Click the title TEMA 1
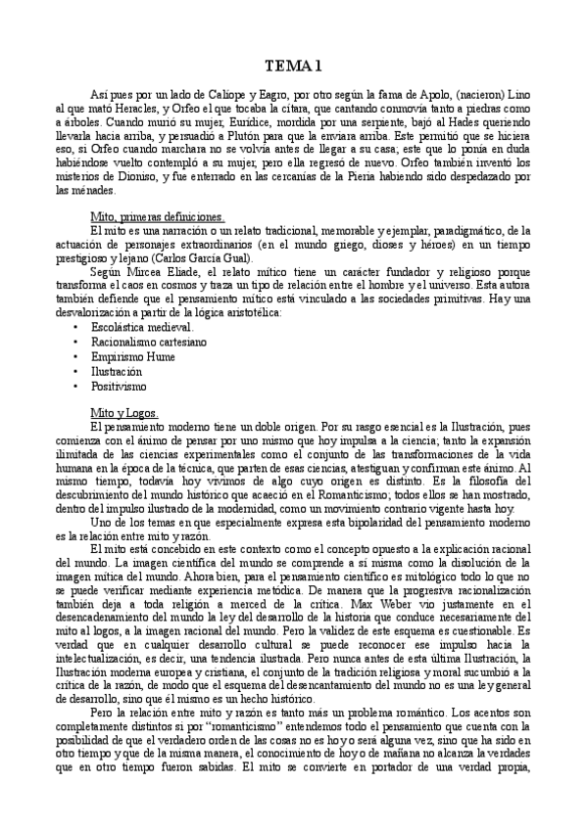(x=293, y=67)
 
